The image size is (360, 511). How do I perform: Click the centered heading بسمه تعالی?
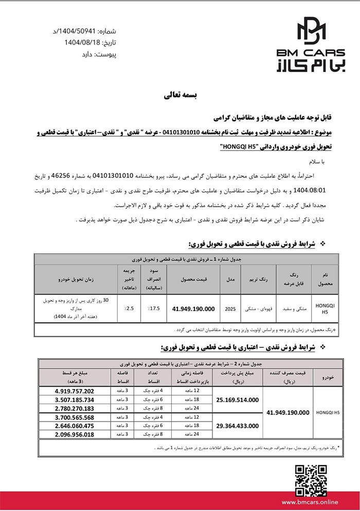[x=179, y=95]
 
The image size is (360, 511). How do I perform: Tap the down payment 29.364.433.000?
[x=238, y=426]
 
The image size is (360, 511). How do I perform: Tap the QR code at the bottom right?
[x=314, y=479]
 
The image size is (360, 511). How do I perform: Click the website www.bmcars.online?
[x=313, y=500]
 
